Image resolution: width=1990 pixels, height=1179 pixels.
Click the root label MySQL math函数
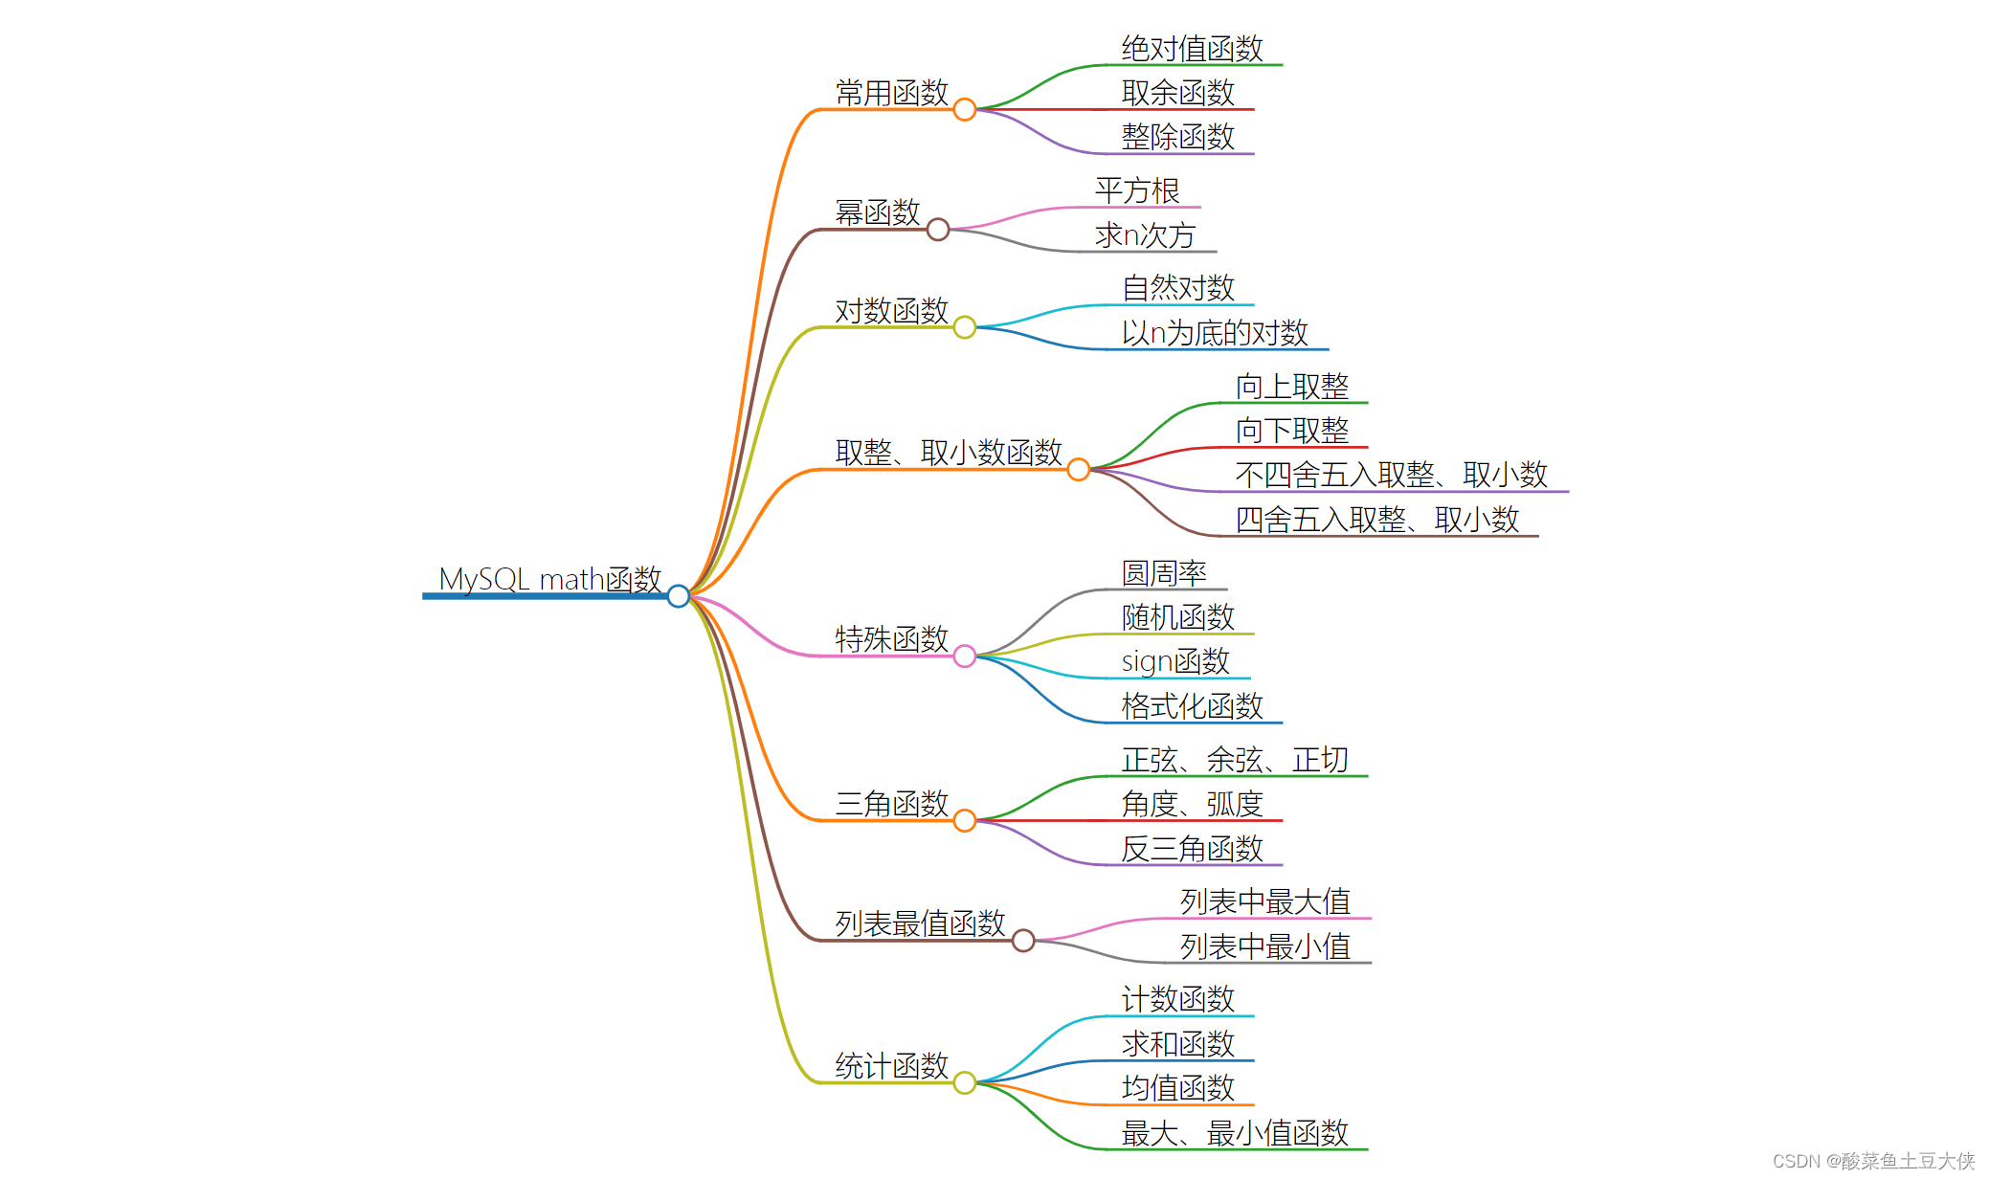click(x=549, y=579)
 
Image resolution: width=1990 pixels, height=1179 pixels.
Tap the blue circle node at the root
click(x=679, y=596)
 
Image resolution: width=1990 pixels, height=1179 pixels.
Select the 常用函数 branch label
click(x=891, y=93)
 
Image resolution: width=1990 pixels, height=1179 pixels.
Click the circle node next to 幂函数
click(x=938, y=230)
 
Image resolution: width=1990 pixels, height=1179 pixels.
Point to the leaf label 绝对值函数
click(x=1192, y=49)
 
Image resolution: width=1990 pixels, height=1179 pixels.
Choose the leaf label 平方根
click(x=1137, y=190)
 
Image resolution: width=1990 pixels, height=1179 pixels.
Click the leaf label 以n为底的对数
click(x=1215, y=333)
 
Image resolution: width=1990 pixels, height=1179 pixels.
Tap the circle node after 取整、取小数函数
click(x=1079, y=470)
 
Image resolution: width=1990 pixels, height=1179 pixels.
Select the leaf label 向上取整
click(x=1292, y=387)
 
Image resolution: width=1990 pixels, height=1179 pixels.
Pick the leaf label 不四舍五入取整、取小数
click(x=1391, y=475)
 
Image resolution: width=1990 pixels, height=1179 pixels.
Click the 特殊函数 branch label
click(x=891, y=638)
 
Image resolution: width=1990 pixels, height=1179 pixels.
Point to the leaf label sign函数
click(x=1175, y=661)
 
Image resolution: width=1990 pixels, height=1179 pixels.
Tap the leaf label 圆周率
click(x=1164, y=573)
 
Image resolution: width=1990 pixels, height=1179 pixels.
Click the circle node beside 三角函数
click(x=965, y=821)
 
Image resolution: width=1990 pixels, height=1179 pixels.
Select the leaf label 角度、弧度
click(x=1192, y=804)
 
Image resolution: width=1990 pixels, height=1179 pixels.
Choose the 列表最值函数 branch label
click(x=920, y=923)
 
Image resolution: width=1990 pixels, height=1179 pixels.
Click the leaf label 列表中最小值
click(x=1264, y=946)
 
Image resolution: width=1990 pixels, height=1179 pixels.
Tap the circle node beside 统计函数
click(x=965, y=1082)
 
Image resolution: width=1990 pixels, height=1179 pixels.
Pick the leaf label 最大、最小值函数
click(x=1235, y=1133)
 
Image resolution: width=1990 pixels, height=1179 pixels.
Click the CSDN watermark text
click(x=1873, y=1161)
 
